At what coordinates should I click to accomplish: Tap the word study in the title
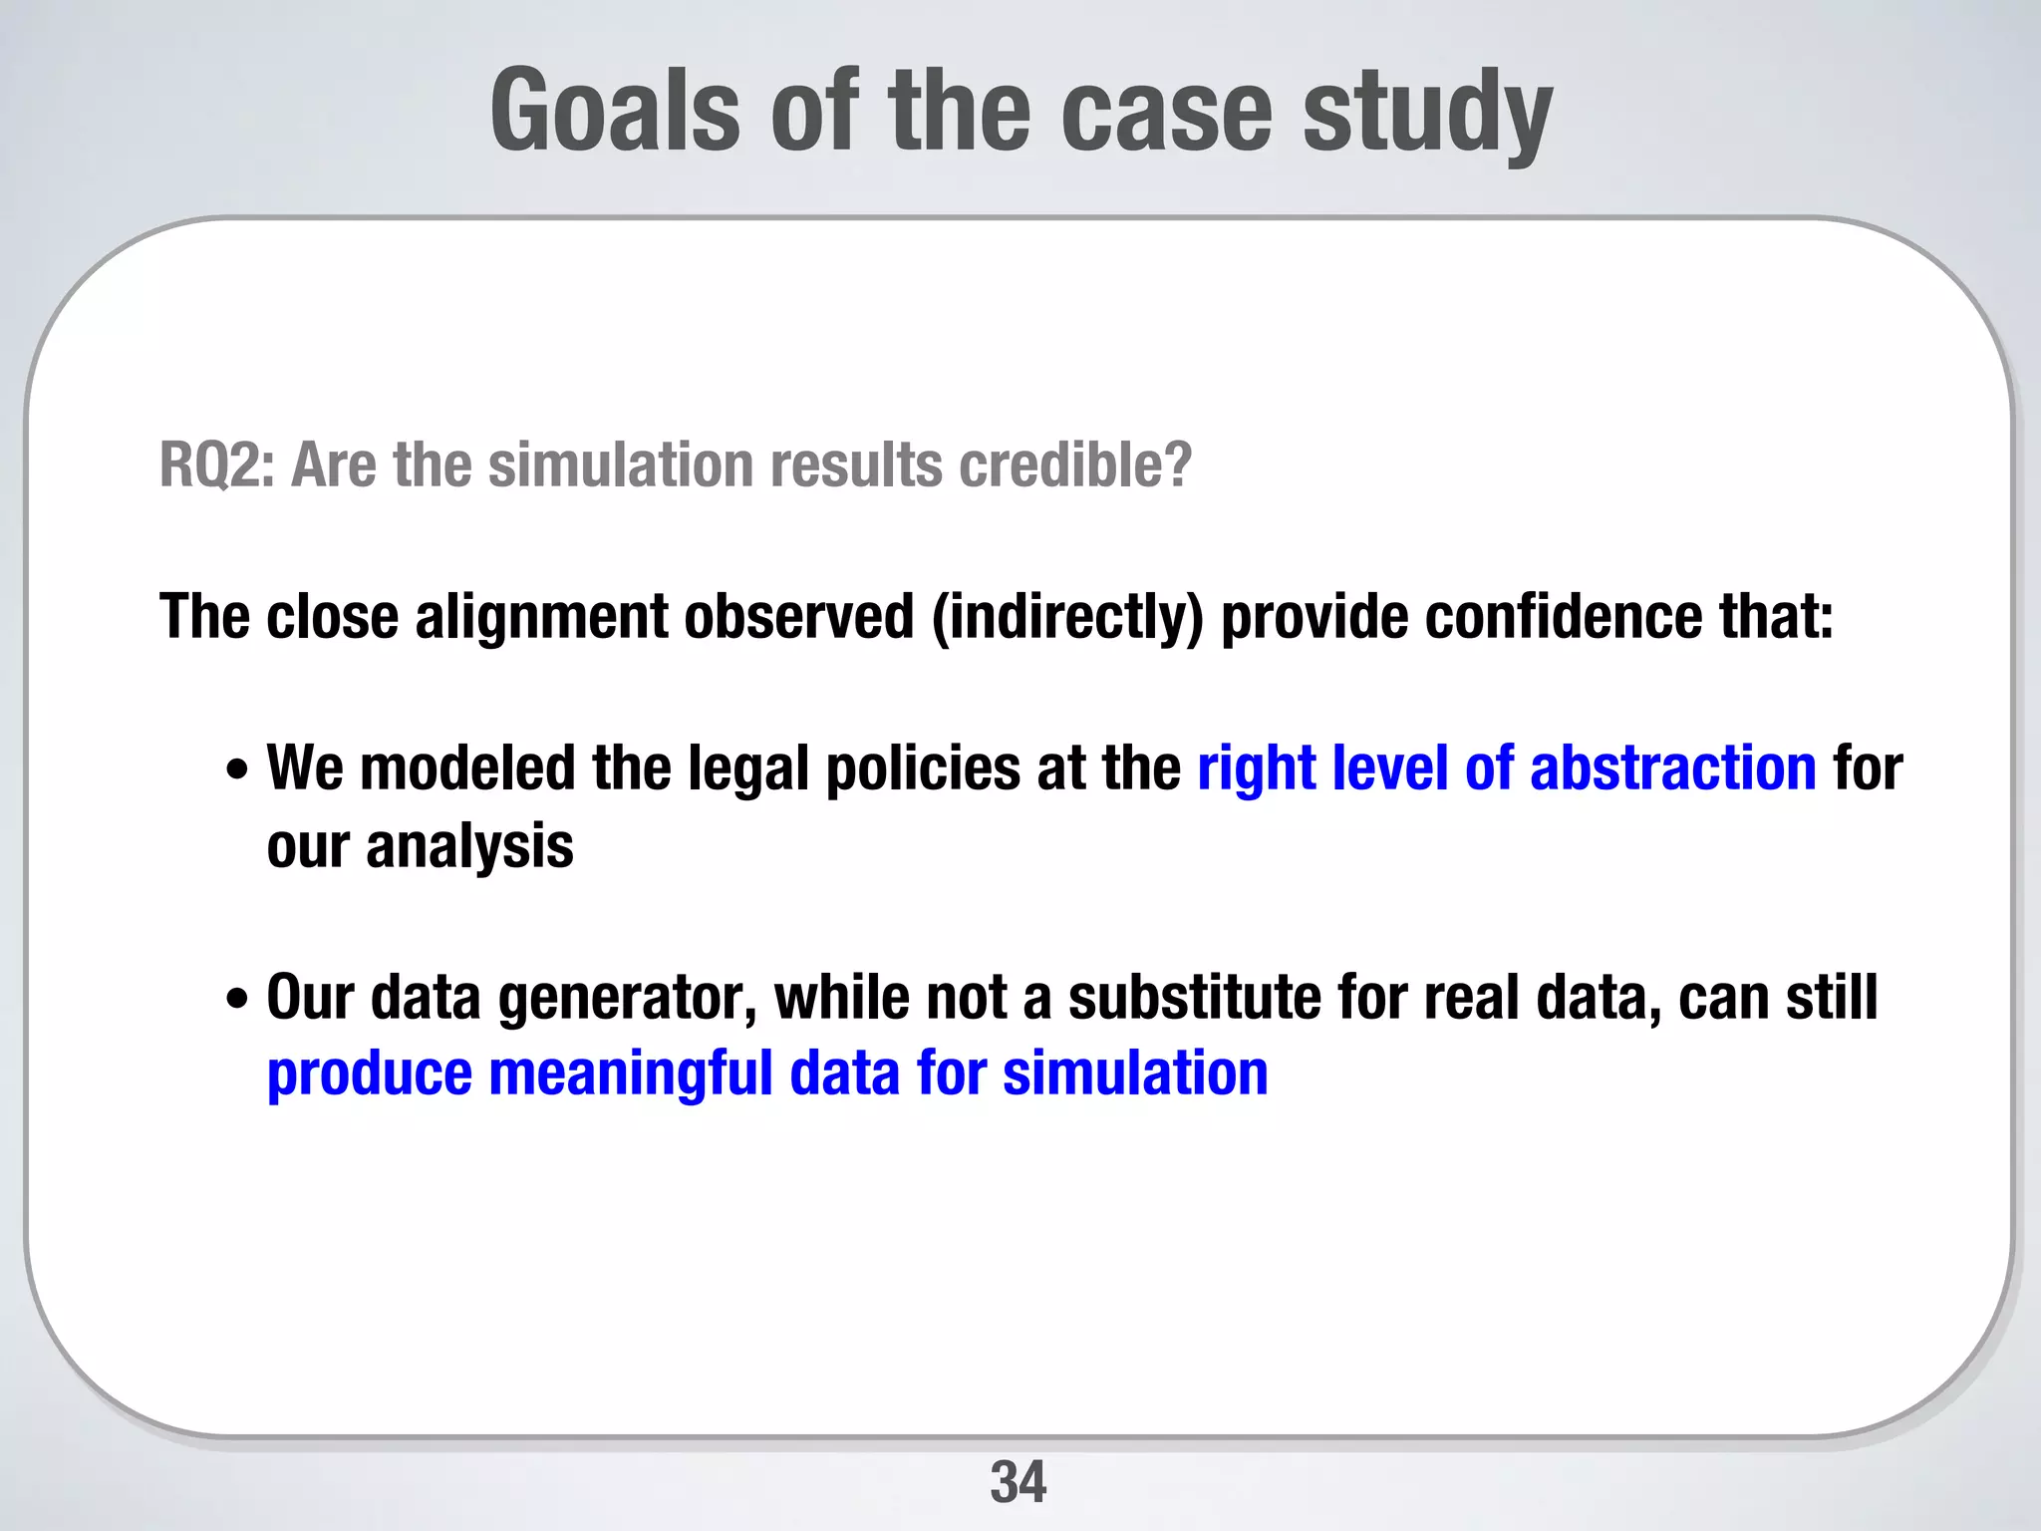[x=1427, y=112]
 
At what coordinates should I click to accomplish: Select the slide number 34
[x=1019, y=1482]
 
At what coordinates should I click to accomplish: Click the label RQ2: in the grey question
[x=216, y=465]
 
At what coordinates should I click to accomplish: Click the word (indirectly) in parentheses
[x=1067, y=617]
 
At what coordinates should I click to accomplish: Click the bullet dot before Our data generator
[x=237, y=998]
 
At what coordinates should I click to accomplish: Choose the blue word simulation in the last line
[x=1135, y=1073]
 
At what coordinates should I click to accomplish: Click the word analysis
[x=469, y=847]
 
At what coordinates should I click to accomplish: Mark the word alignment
[x=541, y=617]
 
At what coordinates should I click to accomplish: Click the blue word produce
[x=370, y=1074]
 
